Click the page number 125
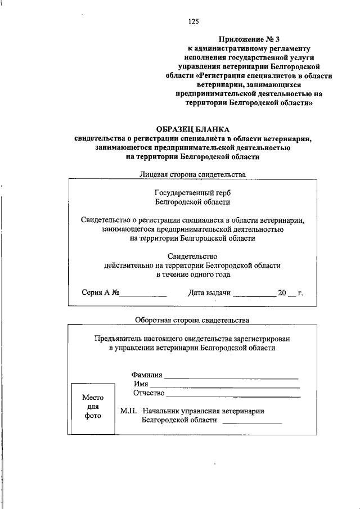(x=193, y=22)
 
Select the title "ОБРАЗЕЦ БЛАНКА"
(x=192, y=129)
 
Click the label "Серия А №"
(x=101, y=293)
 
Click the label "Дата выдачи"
(x=209, y=293)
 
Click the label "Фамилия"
(x=147, y=375)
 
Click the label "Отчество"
(x=148, y=393)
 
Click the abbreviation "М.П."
(x=129, y=411)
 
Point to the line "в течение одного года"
(x=192, y=275)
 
